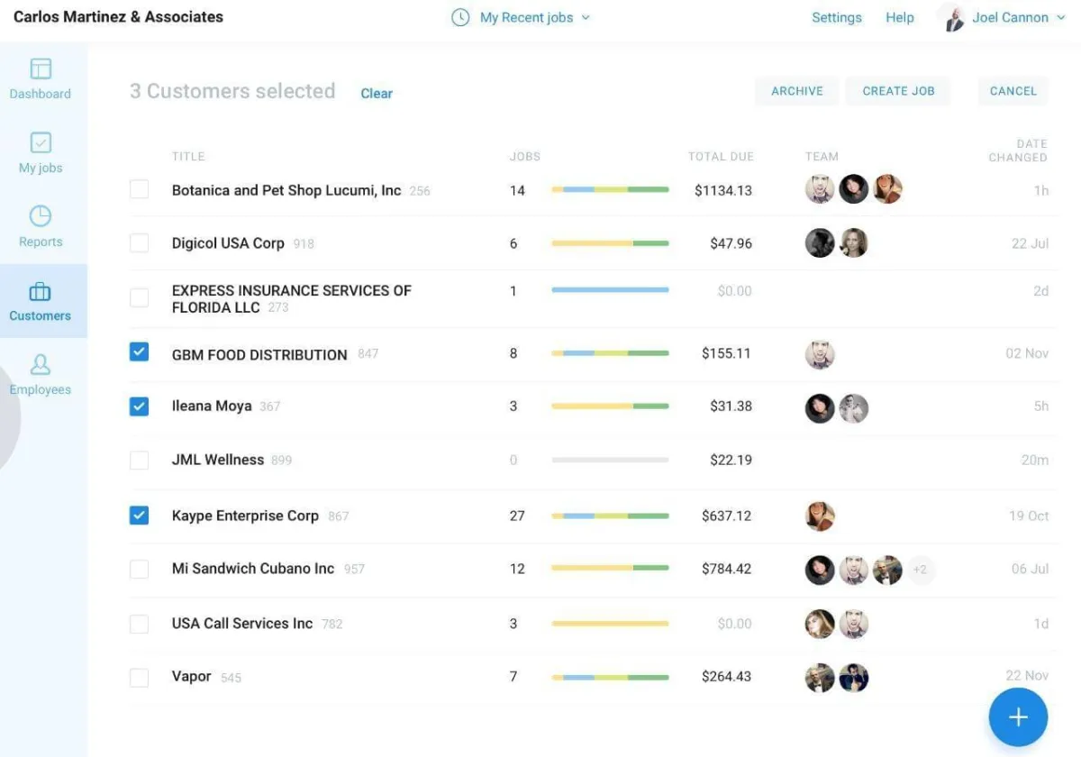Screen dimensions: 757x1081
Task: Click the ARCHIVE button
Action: click(797, 91)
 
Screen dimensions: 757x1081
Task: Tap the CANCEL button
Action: click(1013, 91)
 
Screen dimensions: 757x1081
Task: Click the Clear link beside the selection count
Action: click(377, 94)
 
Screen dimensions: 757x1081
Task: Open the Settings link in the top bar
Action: click(836, 18)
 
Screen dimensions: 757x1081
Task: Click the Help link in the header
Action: click(899, 18)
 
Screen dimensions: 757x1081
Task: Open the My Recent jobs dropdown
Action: click(526, 18)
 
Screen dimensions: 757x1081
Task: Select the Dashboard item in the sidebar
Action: click(41, 78)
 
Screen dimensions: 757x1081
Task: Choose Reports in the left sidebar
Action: click(41, 226)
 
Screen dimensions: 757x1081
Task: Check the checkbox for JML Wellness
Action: click(139, 461)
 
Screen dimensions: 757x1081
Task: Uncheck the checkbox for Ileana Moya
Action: click(139, 406)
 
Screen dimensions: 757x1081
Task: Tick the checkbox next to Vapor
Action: click(139, 678)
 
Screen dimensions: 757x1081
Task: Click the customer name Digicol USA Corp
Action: click(228, 243)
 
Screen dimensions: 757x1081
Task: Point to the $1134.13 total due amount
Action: click(722, 190)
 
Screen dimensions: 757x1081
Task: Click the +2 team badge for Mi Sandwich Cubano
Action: click(920, 570)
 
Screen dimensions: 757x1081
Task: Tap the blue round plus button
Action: click(1018, 717)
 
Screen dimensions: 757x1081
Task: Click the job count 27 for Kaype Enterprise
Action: click(517, 516)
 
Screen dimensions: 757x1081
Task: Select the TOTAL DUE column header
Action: click(721, 157)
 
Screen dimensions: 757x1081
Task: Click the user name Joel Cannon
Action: click(1010, 18)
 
